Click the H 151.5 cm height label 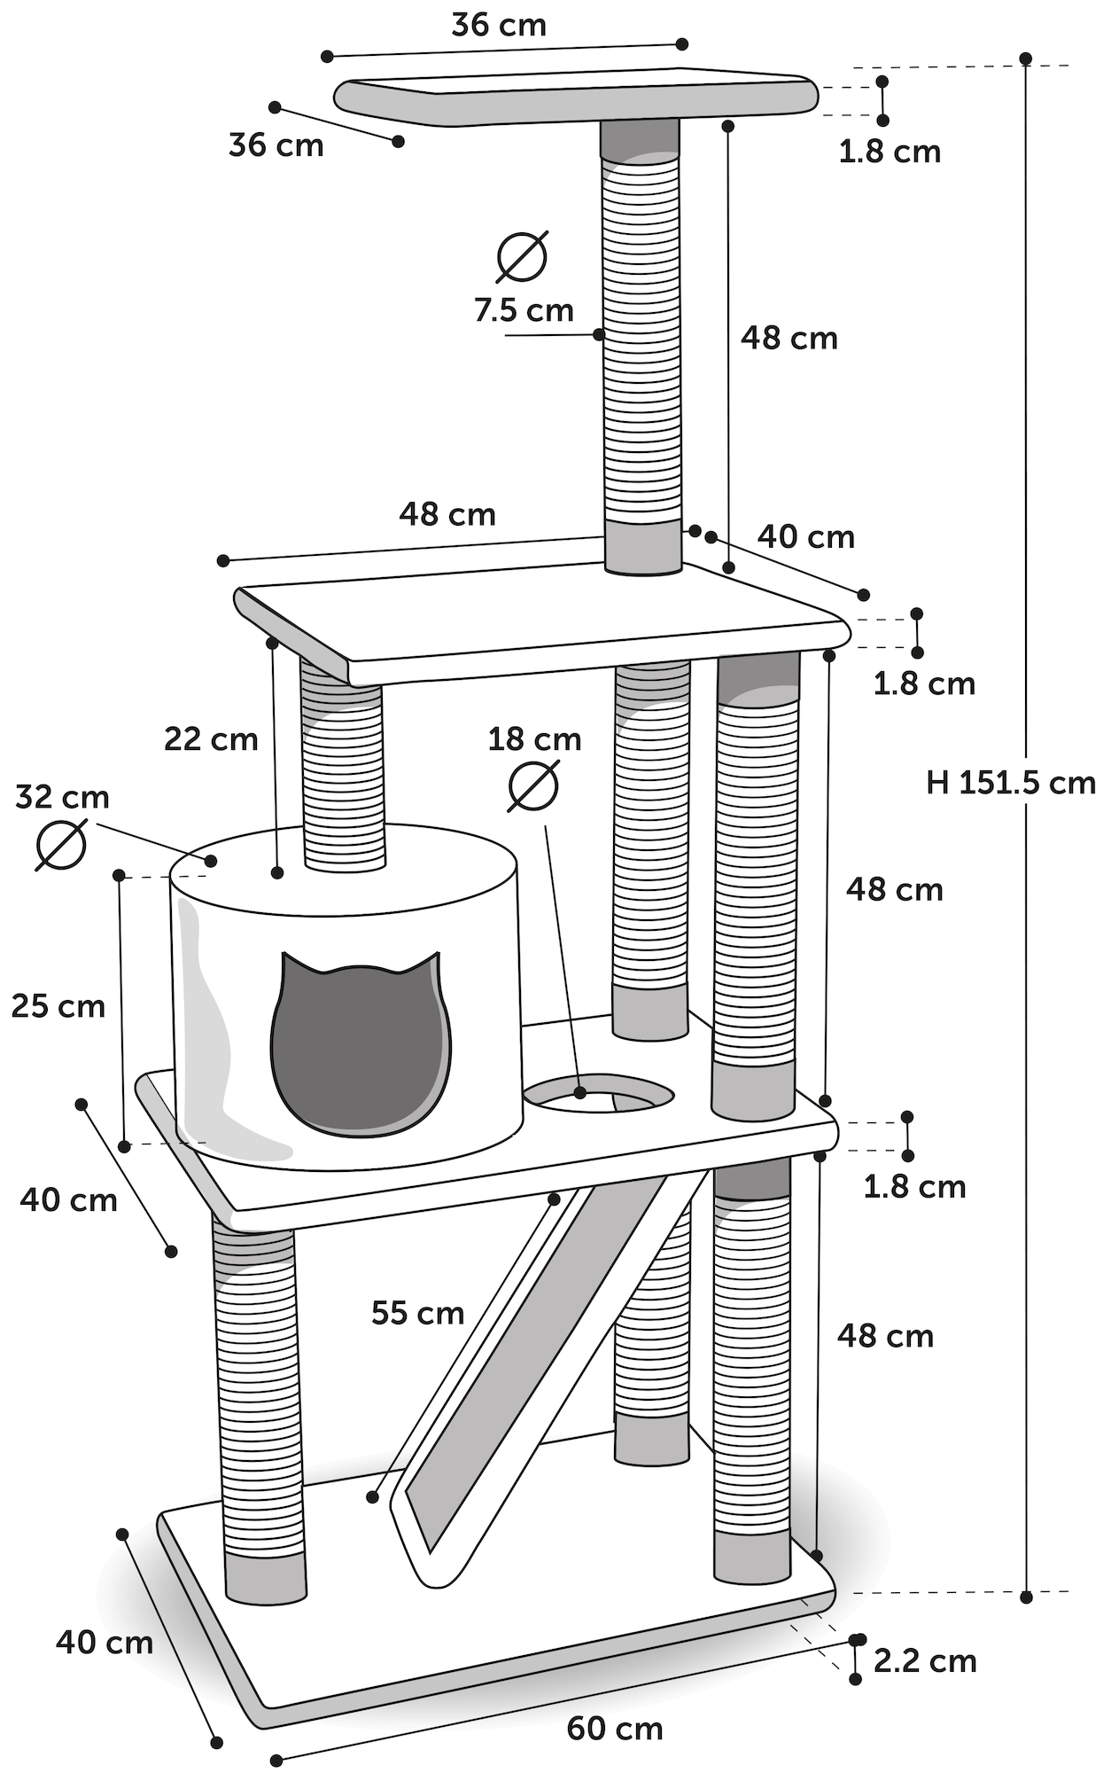(1011, 783)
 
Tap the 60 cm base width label (615, 1728)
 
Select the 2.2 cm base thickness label (925, 1660)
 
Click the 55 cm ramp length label (417, 1312)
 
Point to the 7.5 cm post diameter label (524, 310)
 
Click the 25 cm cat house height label (58, 1006)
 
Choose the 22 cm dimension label (211, 738)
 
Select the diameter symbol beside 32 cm (61, 844)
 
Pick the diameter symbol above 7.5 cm (522, 256)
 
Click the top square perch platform (576, 96)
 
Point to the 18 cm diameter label (534, 738)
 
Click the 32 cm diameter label (62, 797)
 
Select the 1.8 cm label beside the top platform (890, 152)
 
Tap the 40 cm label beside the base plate (105, 1642)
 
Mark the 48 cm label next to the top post (789, 338)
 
